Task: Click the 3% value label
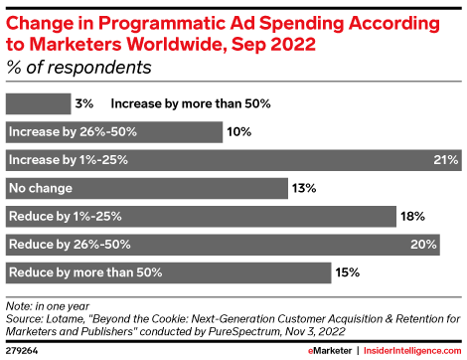pos(86,103)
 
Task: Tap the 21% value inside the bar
pos(444,159)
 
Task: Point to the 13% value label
pos(304,187)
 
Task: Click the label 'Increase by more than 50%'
pos(191,103)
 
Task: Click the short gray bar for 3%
pos(38,103)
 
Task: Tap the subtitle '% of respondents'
pos(79,69)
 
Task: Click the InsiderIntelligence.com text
pos(417,350)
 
